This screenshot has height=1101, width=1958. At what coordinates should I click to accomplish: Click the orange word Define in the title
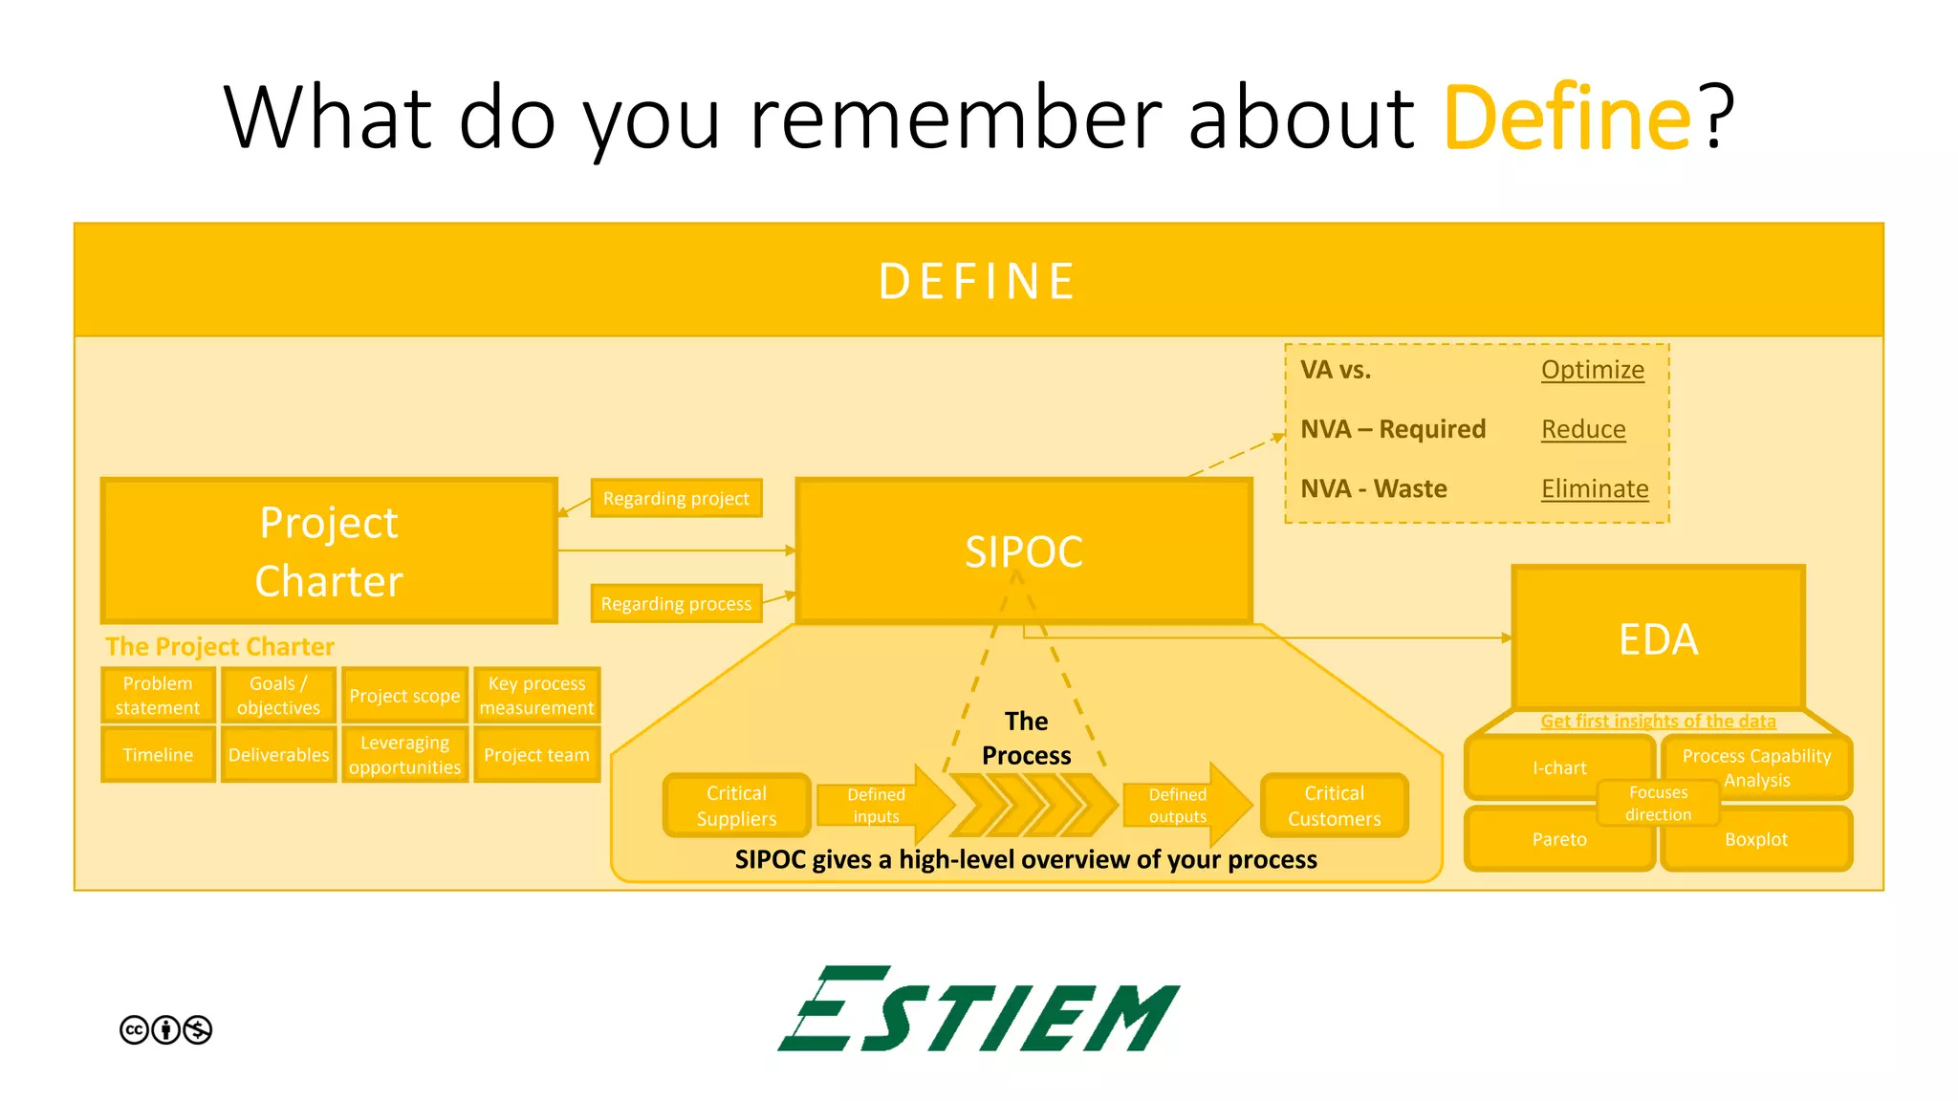(x=1568, y=119)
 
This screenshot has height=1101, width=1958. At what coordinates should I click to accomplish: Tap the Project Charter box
(x=329, y=550)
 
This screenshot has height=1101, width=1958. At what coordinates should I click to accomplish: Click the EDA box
(x=1658, y=638)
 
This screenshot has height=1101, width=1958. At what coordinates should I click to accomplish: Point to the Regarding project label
(x=676, y=498)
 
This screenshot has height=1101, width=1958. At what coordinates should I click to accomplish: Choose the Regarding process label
(x=676, y=603)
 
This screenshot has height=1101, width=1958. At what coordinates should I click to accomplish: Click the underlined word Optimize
(x=1592, y=370)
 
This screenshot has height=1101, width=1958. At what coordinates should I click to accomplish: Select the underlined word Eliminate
(x=1594, y=488)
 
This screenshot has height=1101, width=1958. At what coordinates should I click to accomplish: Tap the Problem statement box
(x=158, y=695)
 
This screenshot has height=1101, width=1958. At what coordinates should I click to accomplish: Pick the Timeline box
(x=158, y=754)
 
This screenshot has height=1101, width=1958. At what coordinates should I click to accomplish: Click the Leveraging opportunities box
(x=404, y=754)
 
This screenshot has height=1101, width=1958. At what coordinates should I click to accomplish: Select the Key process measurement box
(x=536, y=695)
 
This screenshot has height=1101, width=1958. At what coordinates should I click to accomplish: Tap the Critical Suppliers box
(x=736, y=806)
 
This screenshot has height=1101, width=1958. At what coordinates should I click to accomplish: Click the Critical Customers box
(x=1334, y=806)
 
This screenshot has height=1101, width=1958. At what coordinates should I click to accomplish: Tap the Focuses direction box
(x=1658, y=803)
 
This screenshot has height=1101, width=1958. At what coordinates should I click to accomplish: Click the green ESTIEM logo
(x=978, y=1009)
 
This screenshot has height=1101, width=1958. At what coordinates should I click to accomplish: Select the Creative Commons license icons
(x=165, y=1029)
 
